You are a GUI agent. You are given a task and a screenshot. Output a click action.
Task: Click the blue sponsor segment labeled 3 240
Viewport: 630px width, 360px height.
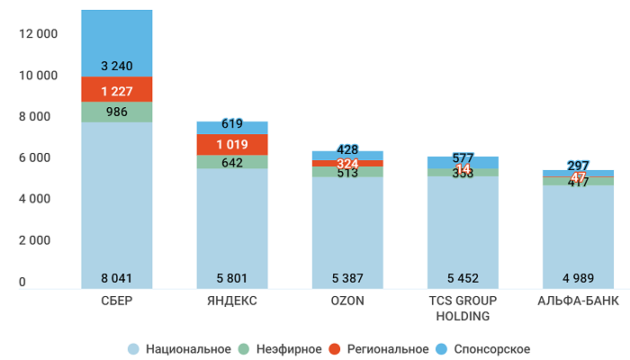[x=117, y=66]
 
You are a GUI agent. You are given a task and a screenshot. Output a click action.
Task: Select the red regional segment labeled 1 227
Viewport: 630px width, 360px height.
[x=117, y=91]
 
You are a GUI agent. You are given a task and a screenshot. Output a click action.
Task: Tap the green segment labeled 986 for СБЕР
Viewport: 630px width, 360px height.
[x=117, y=112]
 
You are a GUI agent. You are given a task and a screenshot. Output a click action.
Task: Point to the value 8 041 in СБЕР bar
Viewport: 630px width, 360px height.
[x=117, y=278]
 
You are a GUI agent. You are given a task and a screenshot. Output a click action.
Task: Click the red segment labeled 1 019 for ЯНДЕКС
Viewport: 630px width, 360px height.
[x=232, y=145]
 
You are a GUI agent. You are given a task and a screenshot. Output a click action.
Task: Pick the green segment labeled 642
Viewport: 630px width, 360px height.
[x=232, y=163]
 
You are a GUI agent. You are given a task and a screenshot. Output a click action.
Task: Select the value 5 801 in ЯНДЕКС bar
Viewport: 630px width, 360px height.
[x=232, y=278]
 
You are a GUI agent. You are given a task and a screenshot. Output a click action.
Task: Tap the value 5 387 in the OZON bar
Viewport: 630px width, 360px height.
[x=347, y=278]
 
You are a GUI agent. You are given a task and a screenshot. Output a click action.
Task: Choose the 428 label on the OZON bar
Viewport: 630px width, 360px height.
[x=347, y=149]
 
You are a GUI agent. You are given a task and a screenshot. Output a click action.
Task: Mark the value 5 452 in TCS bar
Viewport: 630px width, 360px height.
[x=463, y=278]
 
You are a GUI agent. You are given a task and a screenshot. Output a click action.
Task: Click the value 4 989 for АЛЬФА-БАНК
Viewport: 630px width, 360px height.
[x=578, y=278]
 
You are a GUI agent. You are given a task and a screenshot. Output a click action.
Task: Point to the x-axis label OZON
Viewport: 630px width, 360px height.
[x=347, y=301]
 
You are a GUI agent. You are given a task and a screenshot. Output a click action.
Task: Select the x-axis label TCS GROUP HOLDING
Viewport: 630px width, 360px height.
[x=463, y=309]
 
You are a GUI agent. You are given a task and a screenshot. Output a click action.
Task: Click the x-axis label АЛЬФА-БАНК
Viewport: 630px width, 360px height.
[x=578, y=301]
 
